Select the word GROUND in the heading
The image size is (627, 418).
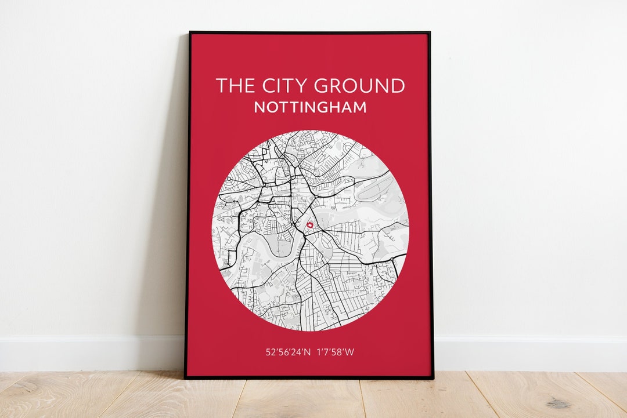(359, 86)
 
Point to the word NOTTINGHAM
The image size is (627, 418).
(310, 107)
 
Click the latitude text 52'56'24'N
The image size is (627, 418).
(287, 352)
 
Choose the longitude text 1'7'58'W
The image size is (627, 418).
(336, 352)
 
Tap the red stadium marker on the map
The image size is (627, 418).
(309, 224)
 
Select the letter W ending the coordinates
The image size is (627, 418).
(349, 352)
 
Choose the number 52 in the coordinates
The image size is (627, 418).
(271, 352)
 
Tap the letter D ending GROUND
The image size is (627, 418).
(397, 86)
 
